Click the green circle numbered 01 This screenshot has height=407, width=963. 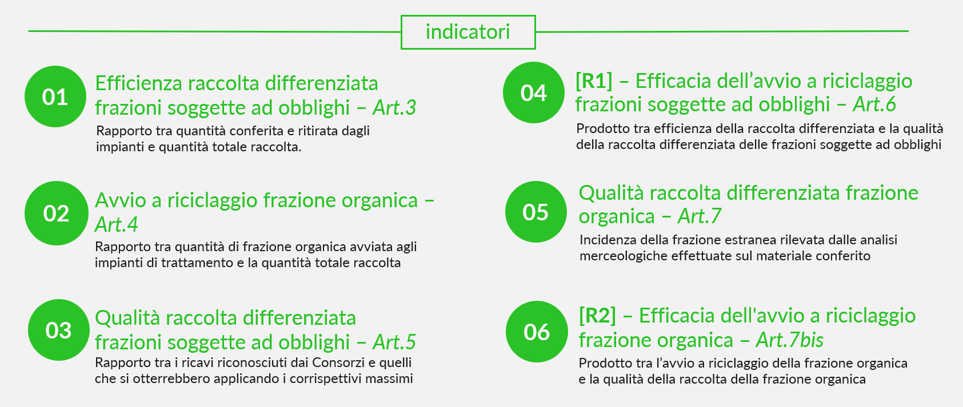tap(55, 96)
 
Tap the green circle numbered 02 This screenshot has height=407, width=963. tap(57, 213)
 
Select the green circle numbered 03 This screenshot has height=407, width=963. tap(59, 330)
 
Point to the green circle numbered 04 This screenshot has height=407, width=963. tap(534, 92)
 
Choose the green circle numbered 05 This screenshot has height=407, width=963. tap(536, 212)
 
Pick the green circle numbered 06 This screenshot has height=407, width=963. tap(537, 332)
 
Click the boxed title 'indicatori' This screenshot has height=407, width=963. tap(468, 32)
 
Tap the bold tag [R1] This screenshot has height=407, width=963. tap(594, 81)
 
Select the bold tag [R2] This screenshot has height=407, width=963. tap(598, 316)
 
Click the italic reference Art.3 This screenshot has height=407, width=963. tap(394, 107)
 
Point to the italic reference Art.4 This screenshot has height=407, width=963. tap(116, 224)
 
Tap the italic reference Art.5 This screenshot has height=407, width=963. tap(394, 342)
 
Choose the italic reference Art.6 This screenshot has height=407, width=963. tap(874, 104)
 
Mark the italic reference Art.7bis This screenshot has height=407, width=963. tap(790, 340)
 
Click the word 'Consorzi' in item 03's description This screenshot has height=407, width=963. tap(338, 363)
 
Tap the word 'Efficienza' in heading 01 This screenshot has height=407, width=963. tap(139, 83)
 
